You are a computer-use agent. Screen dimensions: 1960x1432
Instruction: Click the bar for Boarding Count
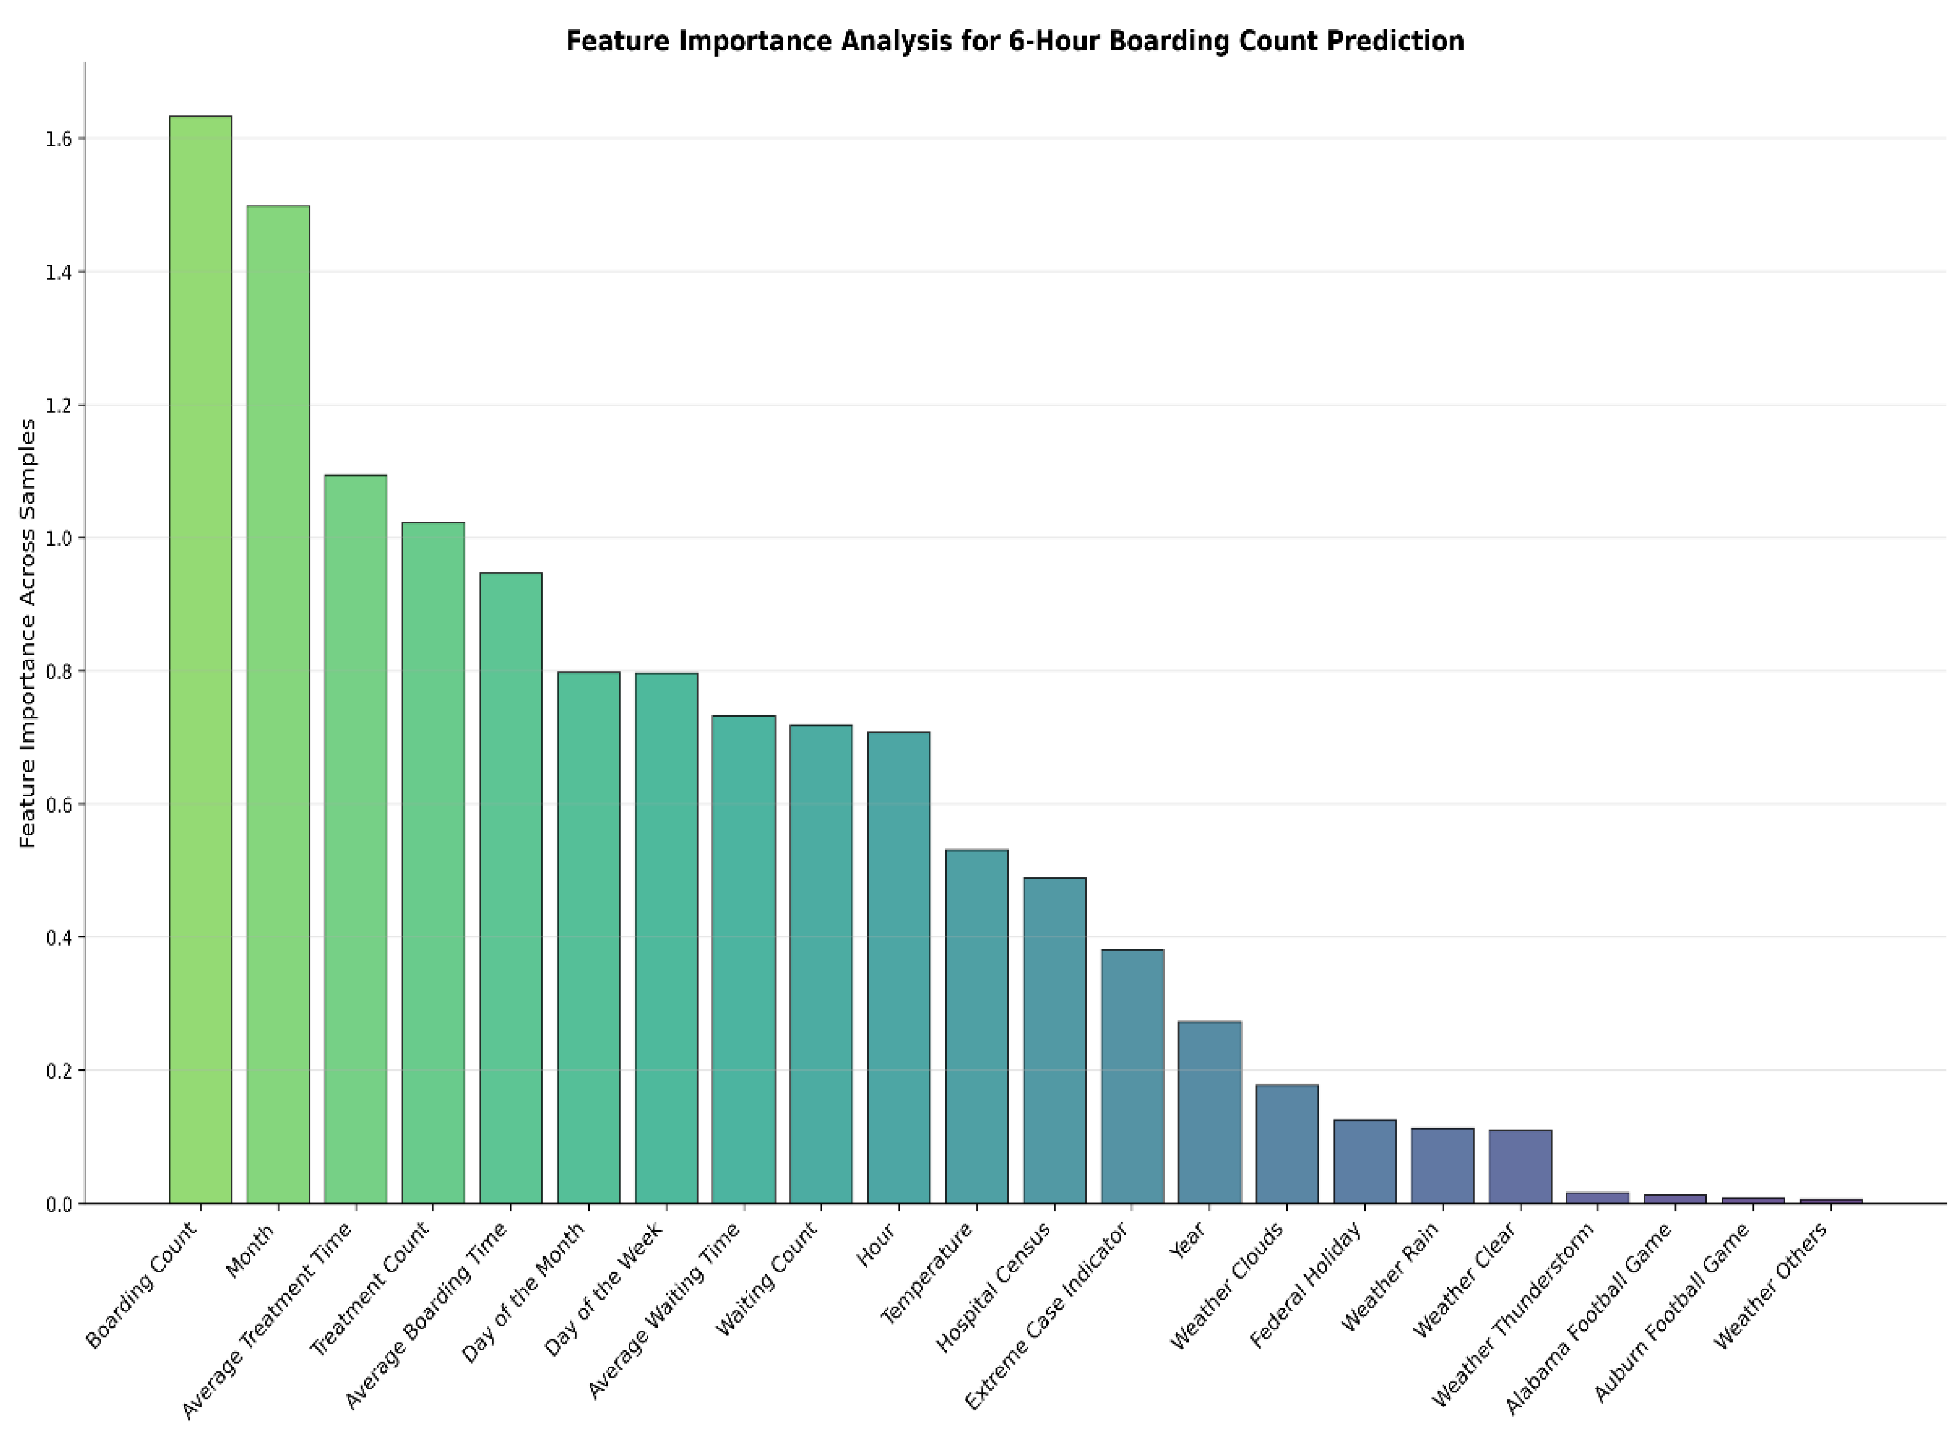click(x=201, y=659)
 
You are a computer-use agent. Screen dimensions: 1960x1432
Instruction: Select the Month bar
click(x=279, y=704)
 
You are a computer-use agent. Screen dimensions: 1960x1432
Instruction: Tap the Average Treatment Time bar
click(x=355, y=838)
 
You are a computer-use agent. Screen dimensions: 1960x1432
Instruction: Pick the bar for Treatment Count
click(x=433, y=862)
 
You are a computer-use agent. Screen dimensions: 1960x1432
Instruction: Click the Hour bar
click(x=899, y=967)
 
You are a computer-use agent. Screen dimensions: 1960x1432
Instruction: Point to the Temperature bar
click(x=977, y=1026)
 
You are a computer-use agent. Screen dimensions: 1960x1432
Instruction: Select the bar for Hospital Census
click(x=1054, y=1040)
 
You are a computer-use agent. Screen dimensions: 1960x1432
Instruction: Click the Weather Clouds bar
click(x=1287, y=1143)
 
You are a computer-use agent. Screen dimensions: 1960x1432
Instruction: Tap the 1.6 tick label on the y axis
click(x=58, y=139)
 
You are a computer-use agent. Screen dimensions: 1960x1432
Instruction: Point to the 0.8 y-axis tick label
click(x=58, y=671)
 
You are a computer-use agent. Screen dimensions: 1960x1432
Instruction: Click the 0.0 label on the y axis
click(x=58, y=1204)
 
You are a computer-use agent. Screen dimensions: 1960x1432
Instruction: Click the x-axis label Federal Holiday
click(x=1306, y=1284)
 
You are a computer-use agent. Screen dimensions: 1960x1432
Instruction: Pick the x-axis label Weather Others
click(x=1771, y=1284)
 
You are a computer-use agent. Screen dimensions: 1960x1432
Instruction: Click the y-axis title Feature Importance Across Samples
click(x=28, y=633)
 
